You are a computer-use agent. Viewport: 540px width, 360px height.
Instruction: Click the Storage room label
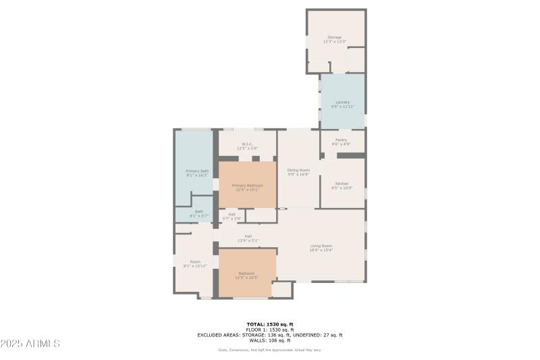tap(335, 39)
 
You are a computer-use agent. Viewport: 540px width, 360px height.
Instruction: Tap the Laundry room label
tap(342, 104)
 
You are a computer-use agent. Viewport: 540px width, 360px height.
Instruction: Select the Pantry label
tap(341, 142)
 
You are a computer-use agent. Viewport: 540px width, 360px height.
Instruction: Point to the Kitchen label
tap(342, 186)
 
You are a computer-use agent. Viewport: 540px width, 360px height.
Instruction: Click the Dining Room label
tap(298, 172)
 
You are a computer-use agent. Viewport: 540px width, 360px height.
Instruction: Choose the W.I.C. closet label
tap(247, 146)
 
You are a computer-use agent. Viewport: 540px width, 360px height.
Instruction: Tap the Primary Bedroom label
tap(247, 187)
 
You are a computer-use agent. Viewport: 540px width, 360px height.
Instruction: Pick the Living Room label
tap(321, 247)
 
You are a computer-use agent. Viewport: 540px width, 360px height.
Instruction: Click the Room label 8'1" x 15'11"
tap(195, 263)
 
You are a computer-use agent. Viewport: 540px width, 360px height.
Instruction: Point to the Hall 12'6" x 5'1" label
tap(248, 238)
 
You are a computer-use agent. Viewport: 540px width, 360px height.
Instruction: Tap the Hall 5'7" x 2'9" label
tap(232, 216)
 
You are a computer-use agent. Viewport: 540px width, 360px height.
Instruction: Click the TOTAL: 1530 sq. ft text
tap(269, 324)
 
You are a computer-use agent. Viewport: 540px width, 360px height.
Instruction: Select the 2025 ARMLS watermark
tap(30, 343)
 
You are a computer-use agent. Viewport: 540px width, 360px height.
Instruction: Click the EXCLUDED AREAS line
tap(269, 335)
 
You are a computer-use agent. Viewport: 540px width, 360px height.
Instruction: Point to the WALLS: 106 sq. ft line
tap(269, 340)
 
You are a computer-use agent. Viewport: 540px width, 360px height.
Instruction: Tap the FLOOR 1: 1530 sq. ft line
tap(269, 330)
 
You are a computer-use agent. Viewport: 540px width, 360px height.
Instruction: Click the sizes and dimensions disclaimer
tap(269, 350)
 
